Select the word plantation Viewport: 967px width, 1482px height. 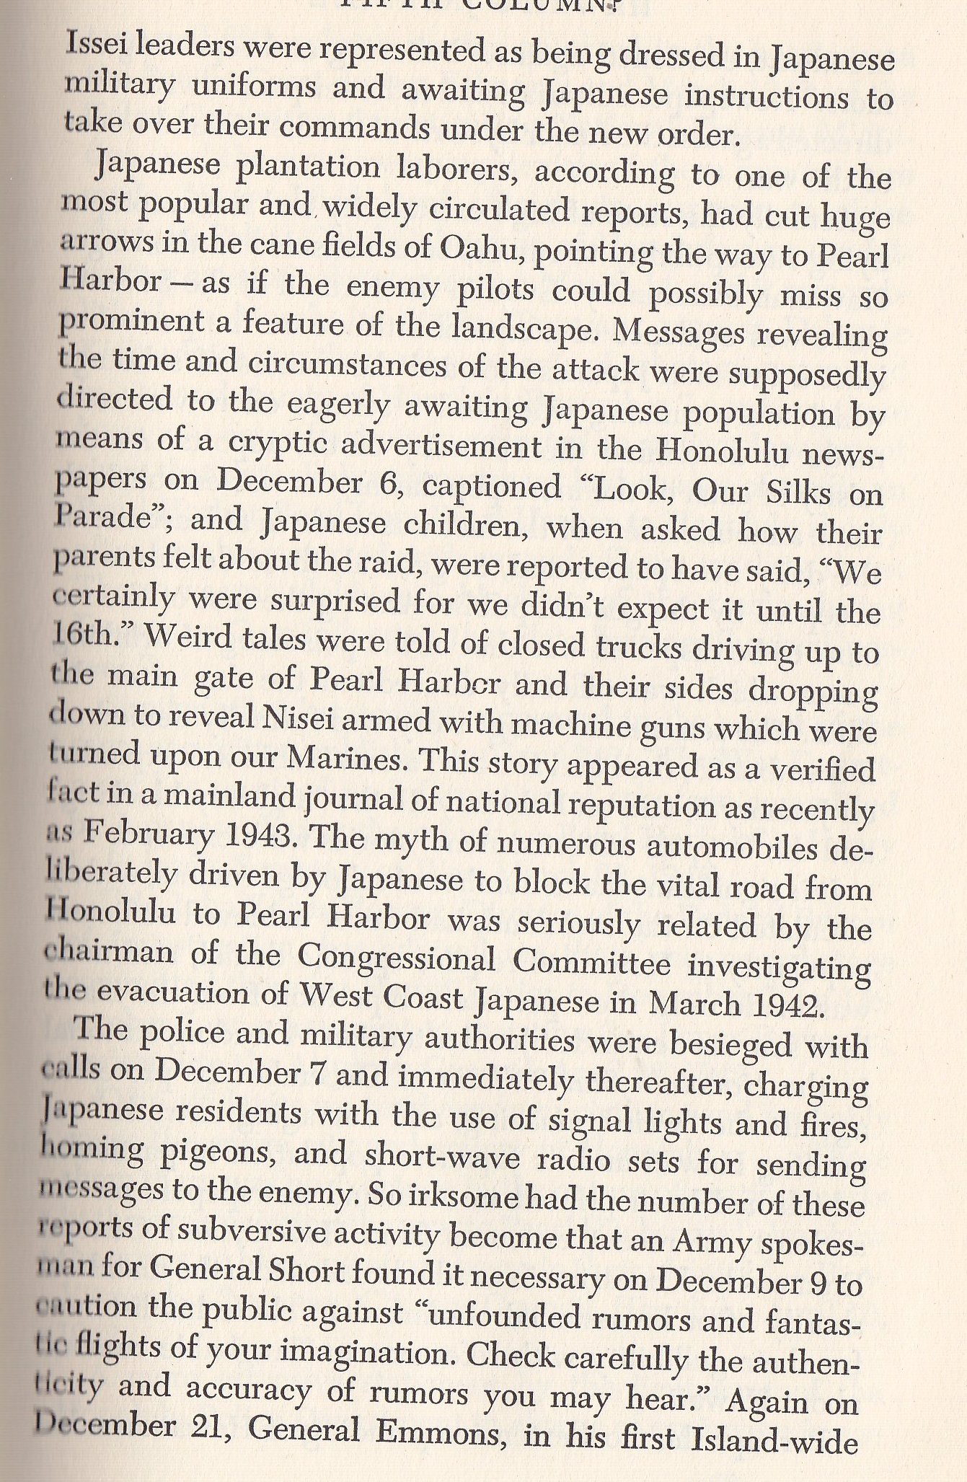coord(302,167)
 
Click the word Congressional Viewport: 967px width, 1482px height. coord(396,958)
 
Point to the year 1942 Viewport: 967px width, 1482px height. coord(790,1002)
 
